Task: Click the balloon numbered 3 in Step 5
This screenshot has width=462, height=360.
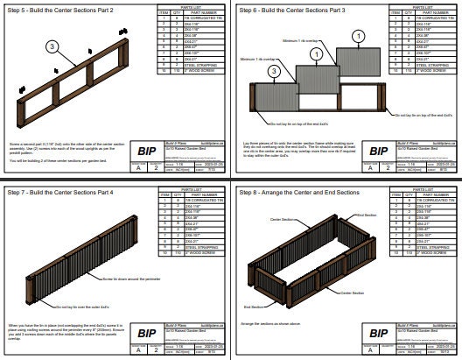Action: (52, 46)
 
